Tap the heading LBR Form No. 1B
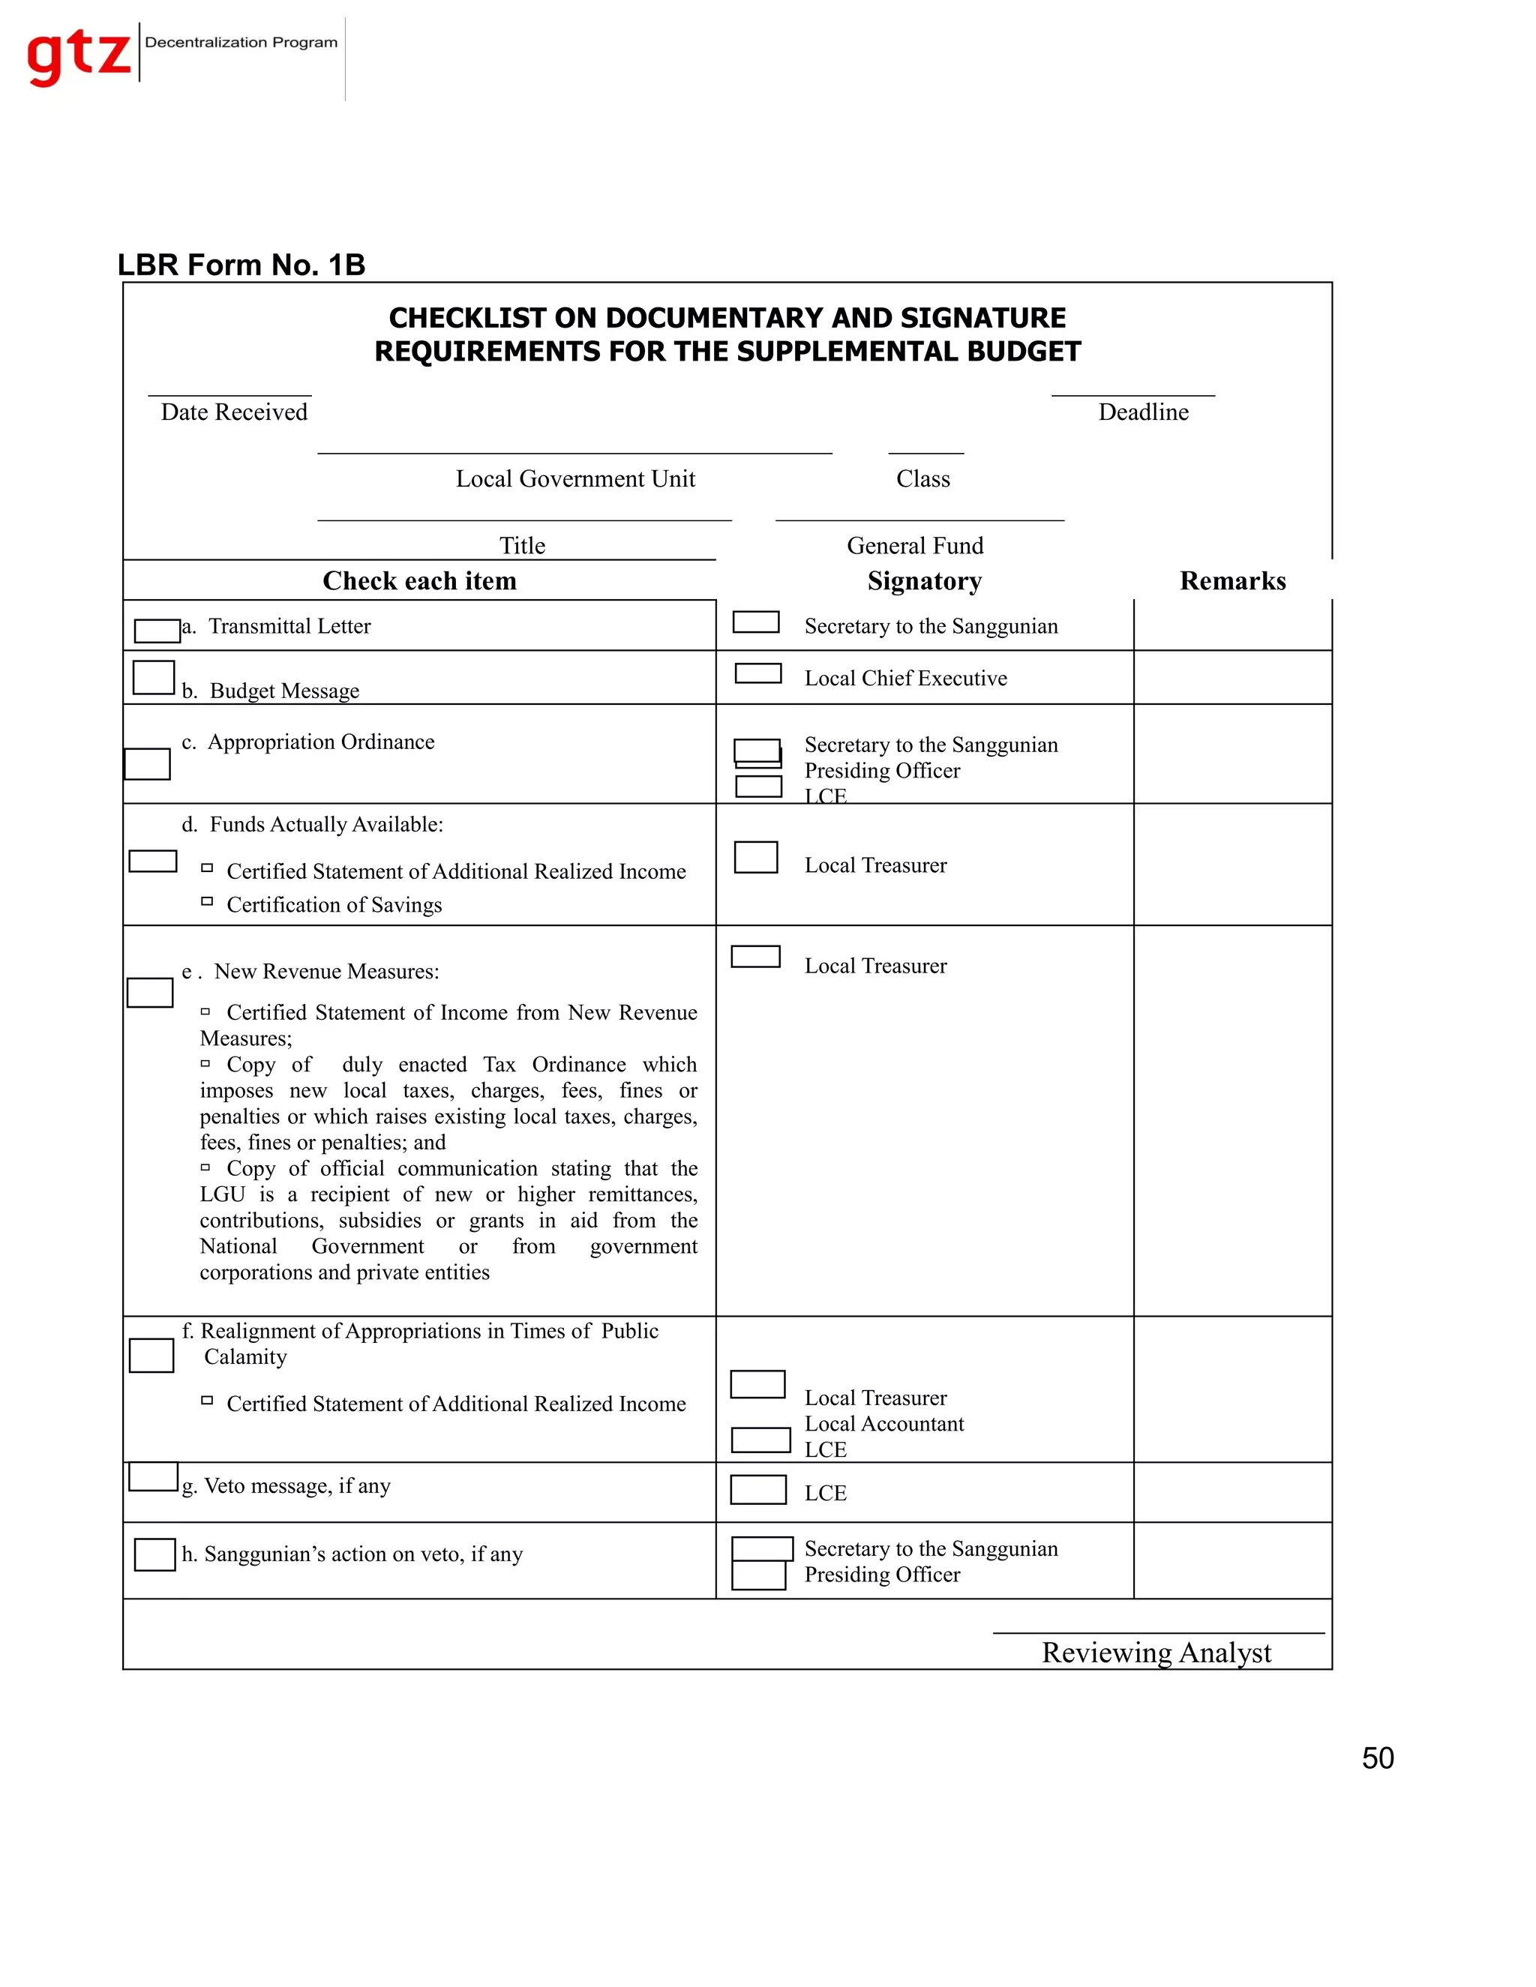[241, 265]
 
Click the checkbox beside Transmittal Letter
[157, 631]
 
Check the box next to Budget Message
[153, 678]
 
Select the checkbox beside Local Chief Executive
[758, 673]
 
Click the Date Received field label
[234, 412]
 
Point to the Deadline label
[1143, 412]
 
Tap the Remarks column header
[1232, 580]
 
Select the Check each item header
[419, 580]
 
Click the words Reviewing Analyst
[1156, 1652]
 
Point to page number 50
[1377, 1758]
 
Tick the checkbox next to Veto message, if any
[153, 1476]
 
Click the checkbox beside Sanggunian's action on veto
[154, 1554]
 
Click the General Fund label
[914, 546]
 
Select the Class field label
[922, 479]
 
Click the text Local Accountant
[883, 1424]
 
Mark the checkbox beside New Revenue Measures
[150, 993]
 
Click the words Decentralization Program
[241, 43]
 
